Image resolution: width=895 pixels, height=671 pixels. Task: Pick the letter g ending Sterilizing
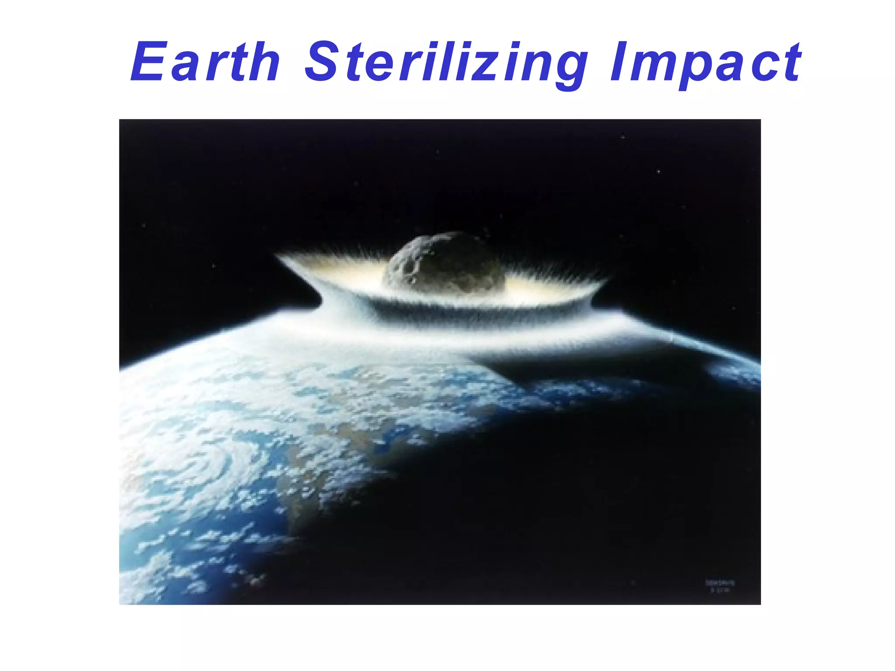click(x=568, y=68)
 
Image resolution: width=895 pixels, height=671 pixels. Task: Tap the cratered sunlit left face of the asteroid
click(x=404, y=266)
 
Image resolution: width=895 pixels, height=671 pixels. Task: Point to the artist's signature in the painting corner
click(x=720, y=586)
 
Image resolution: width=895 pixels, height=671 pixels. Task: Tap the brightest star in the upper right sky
click(x=659, y=172)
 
